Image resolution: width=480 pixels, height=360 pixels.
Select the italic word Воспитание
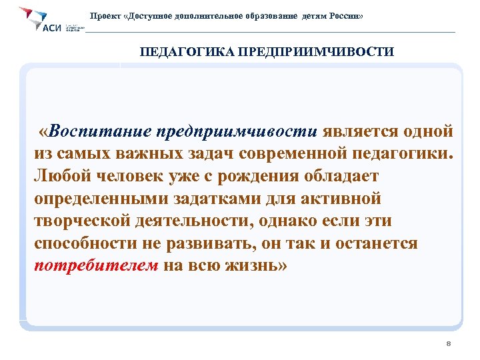pyautogui.click(x=93, y=129)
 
